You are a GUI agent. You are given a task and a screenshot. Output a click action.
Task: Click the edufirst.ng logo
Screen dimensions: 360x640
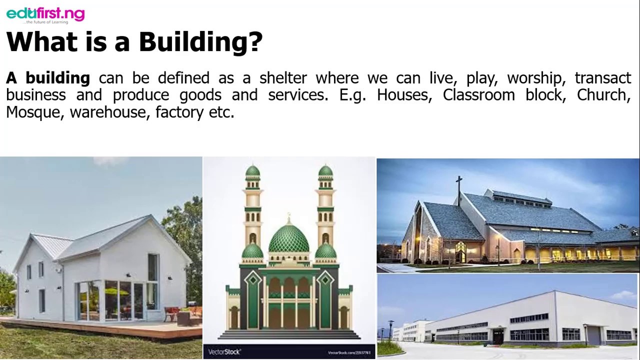pos(45,14)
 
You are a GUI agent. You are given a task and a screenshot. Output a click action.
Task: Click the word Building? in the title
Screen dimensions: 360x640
pos(200,42)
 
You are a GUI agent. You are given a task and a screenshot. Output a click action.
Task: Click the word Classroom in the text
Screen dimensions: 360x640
pos(478,95)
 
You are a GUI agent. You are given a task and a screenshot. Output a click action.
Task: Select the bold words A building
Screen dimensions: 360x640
pos(48,78)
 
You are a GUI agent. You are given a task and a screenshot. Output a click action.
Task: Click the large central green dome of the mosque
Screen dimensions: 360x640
pos(289,239)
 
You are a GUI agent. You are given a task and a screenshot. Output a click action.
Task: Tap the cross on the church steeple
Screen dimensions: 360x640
pos(458,183)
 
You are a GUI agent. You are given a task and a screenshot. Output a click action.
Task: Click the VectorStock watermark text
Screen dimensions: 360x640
pos(224,352)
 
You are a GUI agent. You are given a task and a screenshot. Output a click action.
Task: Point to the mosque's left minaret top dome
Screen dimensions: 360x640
pos(252,171)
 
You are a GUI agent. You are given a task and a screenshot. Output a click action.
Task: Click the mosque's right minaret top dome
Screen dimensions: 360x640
pos(325,171)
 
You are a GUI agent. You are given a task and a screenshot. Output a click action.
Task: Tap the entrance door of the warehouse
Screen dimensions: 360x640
pos(498,336)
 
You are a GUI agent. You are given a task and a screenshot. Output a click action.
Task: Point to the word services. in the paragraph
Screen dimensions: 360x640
pos(298,95)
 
